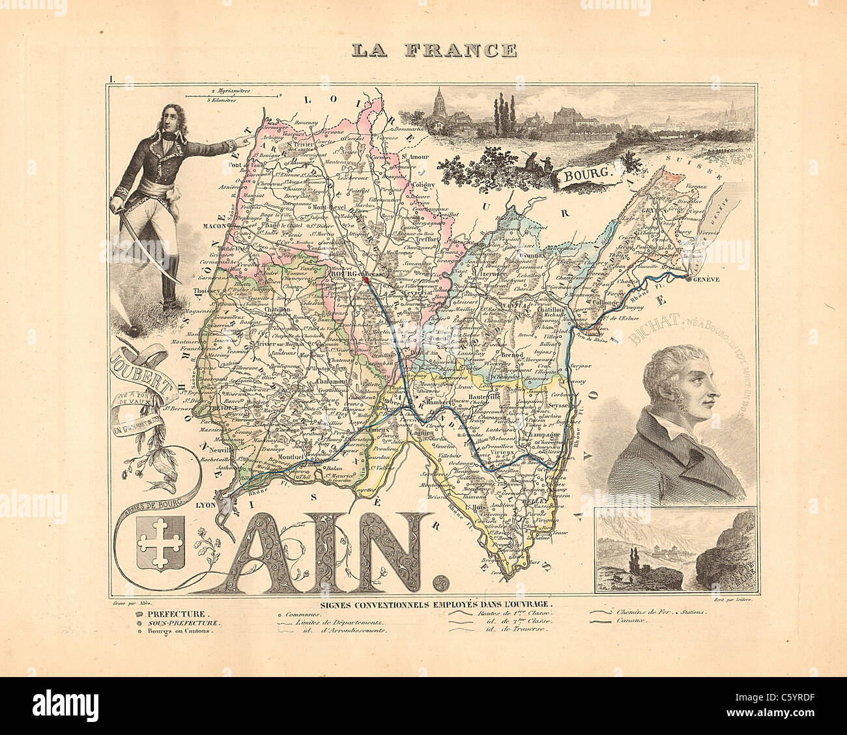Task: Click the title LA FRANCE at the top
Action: pyautogui.click(x=433, y=50)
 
